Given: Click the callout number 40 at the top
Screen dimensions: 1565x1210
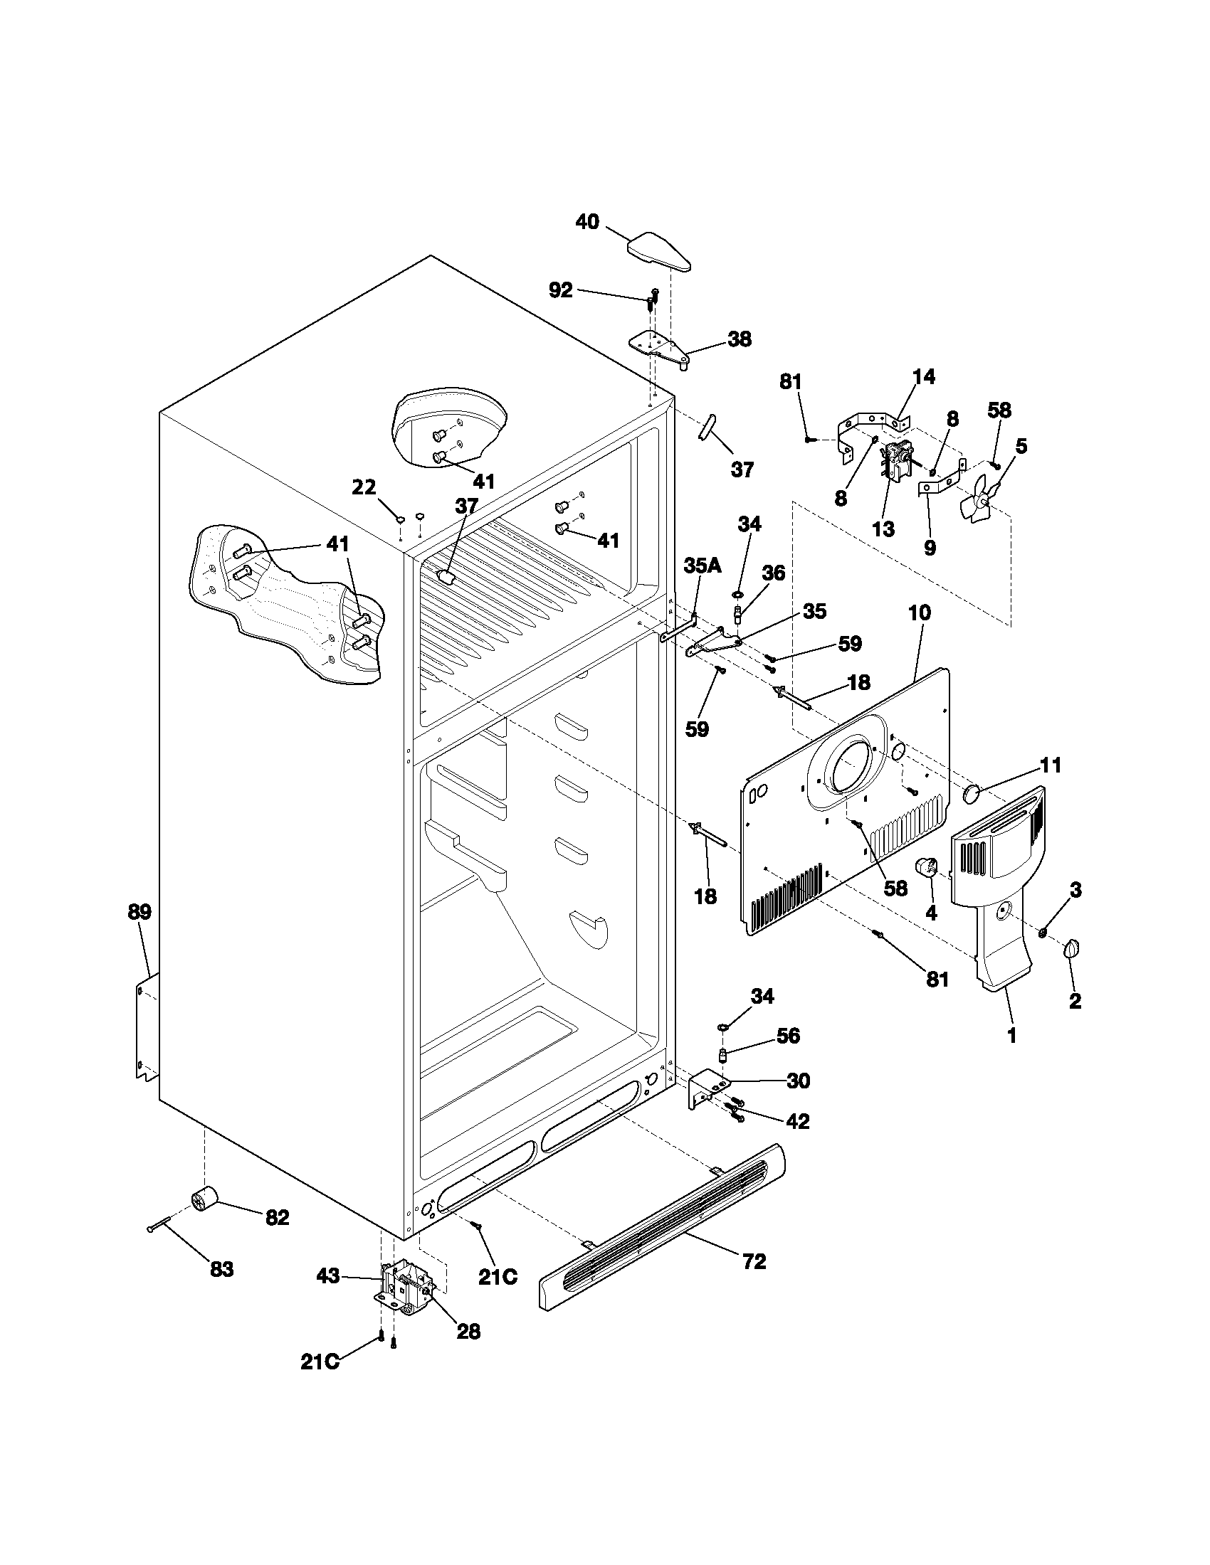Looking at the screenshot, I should tap(587, 222).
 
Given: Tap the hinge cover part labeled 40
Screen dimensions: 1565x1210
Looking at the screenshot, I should tap(661, 252).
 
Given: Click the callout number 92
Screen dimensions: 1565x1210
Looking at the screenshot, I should tap(561, 290).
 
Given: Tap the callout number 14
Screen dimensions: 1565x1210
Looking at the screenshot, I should tap(924, 377).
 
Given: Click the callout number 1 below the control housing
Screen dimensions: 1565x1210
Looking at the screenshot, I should tap(1011, 1036).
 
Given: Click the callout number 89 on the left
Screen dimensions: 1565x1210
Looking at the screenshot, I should tap(140, 912).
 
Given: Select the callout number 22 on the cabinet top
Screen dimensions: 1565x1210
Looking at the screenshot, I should tap(364, 487).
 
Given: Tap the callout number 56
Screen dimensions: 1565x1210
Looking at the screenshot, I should tap(788, 1036).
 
